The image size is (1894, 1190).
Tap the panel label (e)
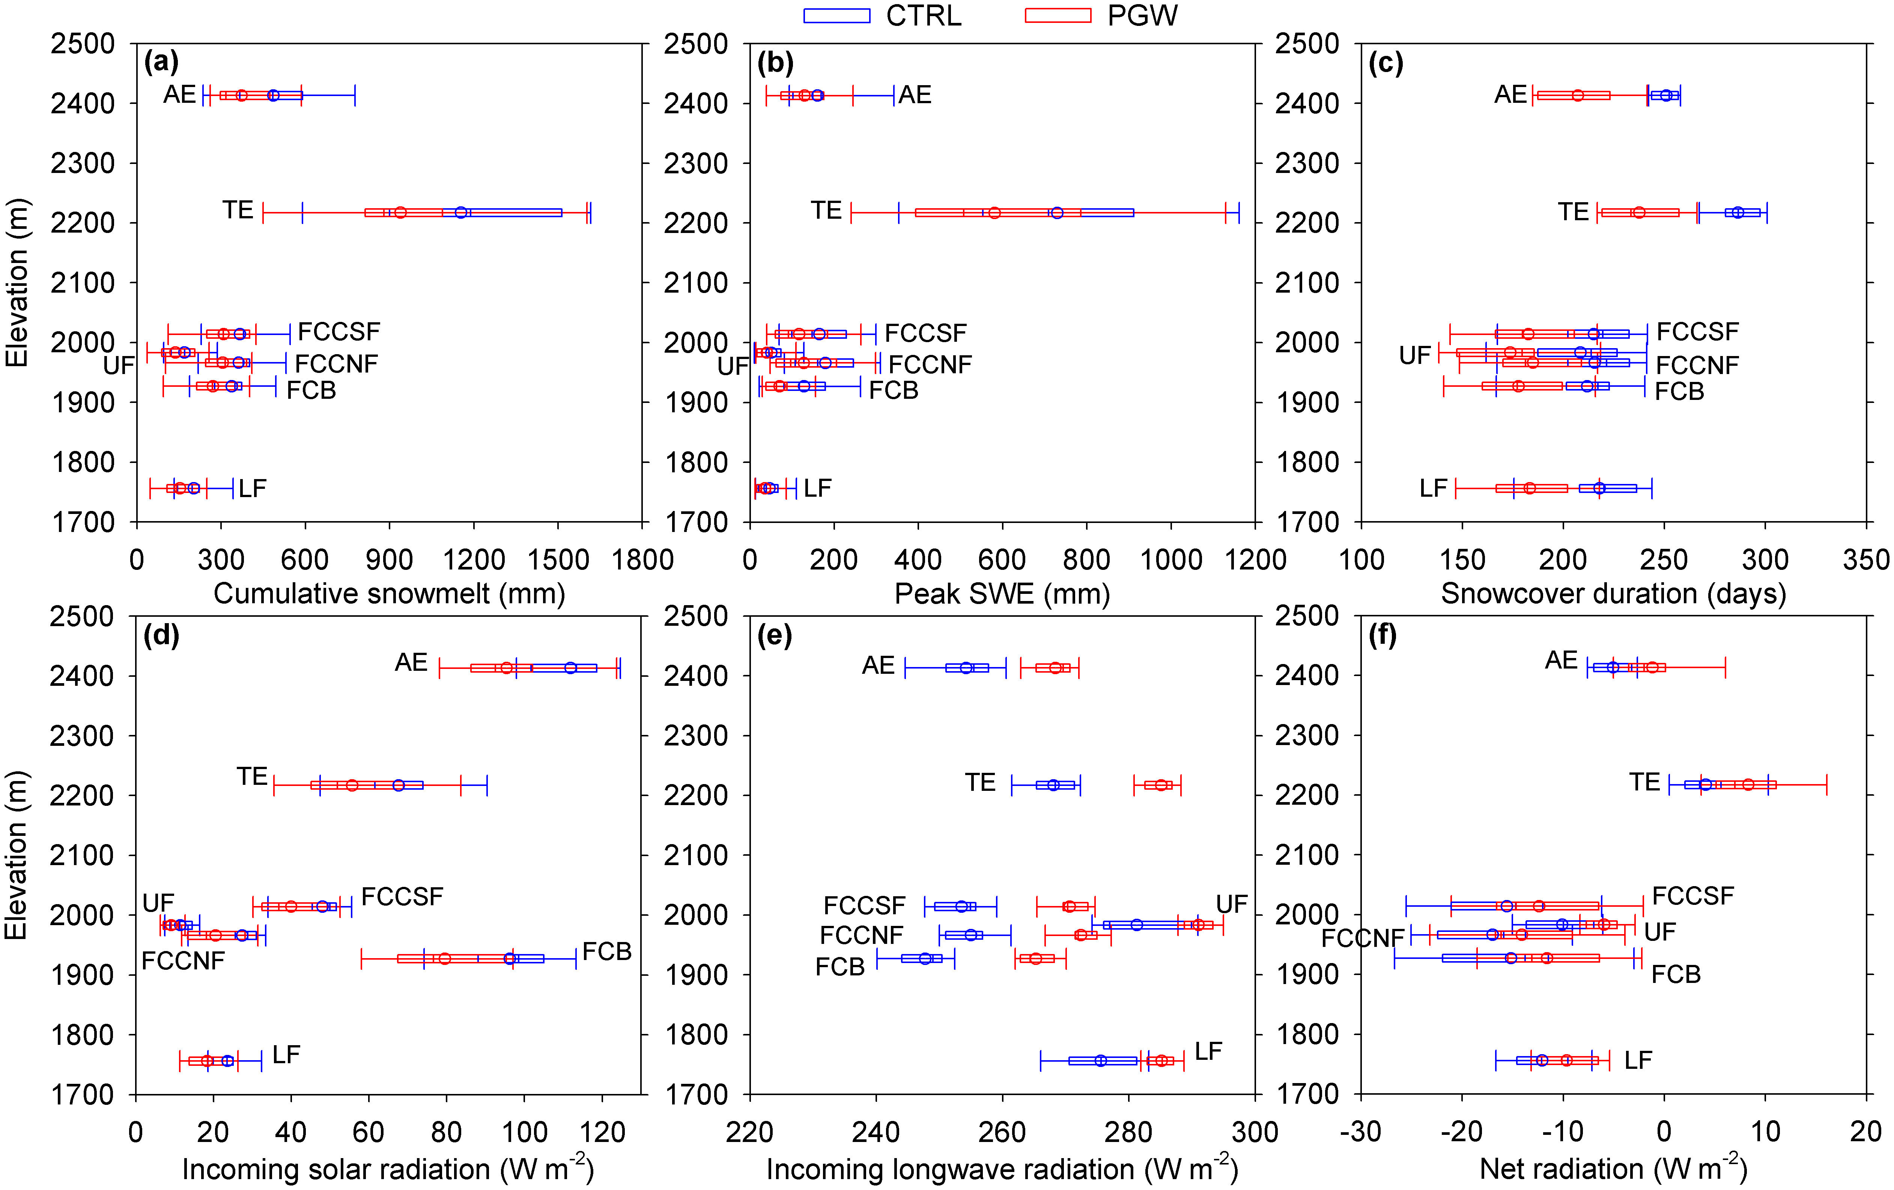pos(775,635)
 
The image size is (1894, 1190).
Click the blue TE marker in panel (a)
pos(461,212)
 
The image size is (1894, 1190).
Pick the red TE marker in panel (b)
pos(994,212)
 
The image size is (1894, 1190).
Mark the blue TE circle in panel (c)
pos(1738,212)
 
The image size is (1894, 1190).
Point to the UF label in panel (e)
pos(1232,905)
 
